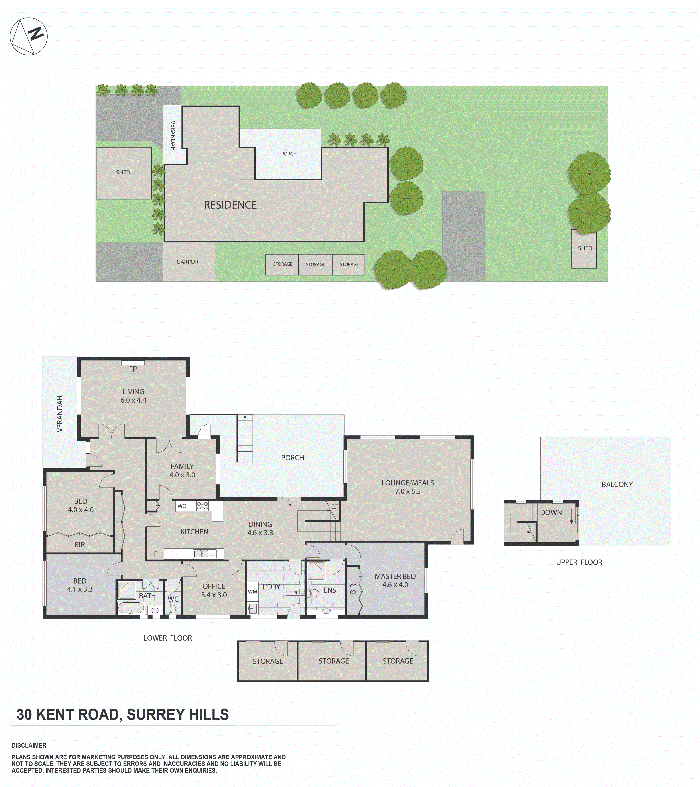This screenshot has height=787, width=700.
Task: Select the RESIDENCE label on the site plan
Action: [230, 205]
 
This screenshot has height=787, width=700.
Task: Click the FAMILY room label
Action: [182, 466]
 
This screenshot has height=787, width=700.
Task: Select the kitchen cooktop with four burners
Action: [202, 506]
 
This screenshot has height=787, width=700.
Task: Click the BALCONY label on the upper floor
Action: [617, 484]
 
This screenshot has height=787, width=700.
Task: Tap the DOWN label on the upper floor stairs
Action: [551, 512]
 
